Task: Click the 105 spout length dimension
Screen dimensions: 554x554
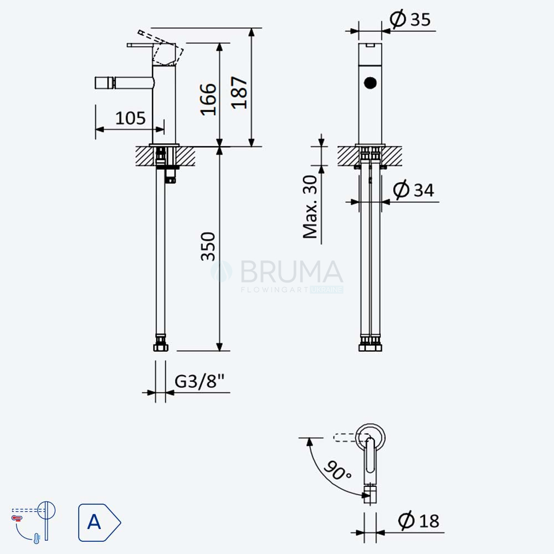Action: tap(130, 118)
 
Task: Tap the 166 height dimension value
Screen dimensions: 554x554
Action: tap(208, 100)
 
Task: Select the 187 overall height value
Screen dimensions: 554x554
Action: tap(239, 93)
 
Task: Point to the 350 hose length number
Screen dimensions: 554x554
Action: tap(208, 247)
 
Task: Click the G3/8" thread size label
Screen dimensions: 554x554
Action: tap(199, 381)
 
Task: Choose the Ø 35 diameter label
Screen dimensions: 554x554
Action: tap(410, 19)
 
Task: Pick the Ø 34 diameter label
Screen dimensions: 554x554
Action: tap(413, 189)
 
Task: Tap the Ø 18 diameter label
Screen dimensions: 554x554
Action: tap(419, 520)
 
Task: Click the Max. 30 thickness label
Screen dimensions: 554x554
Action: tap(311, 207)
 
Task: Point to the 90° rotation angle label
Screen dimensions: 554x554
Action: tap(338, 470)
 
